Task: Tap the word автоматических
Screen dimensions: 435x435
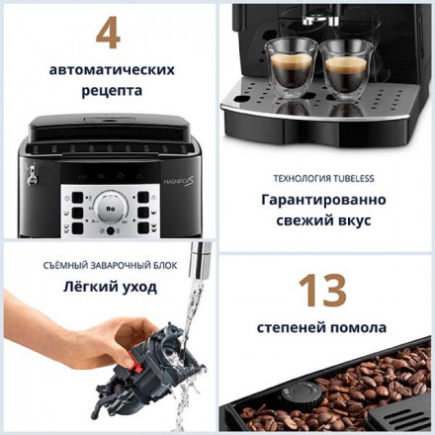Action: [x=109, y=70]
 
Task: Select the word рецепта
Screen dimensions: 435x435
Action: [x=109, y=91]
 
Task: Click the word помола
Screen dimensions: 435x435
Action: [x=359, y=327]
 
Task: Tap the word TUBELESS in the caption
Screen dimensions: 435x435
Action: [x=359, y=179]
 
